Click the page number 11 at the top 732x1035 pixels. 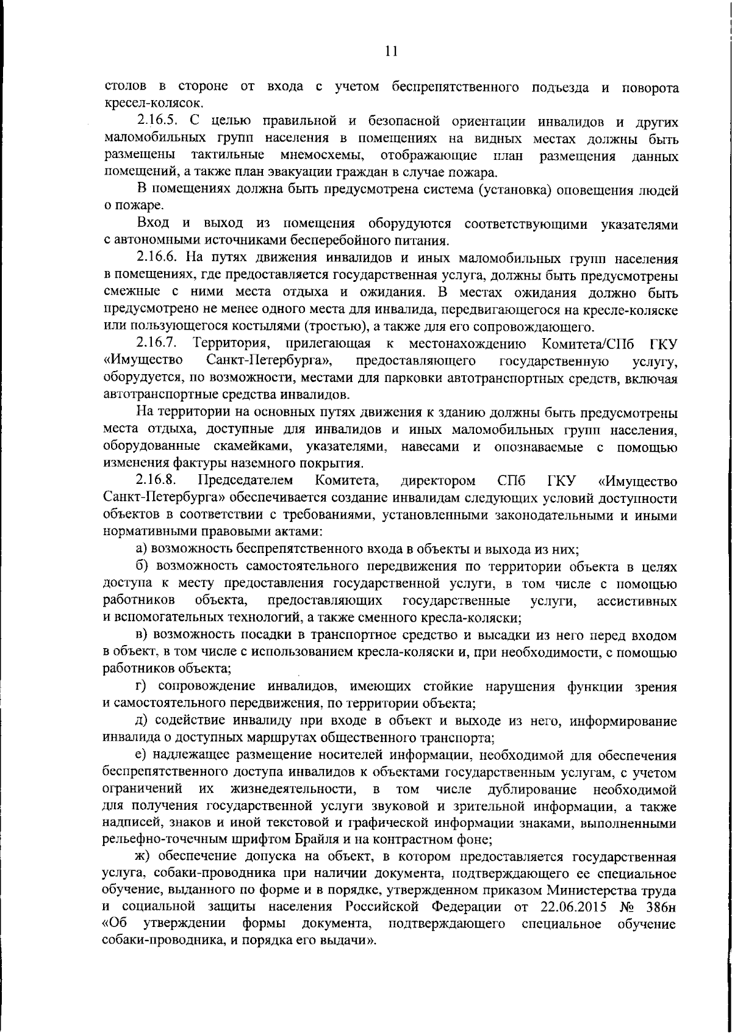coord(392,52)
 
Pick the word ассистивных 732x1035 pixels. coord(637,601)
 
